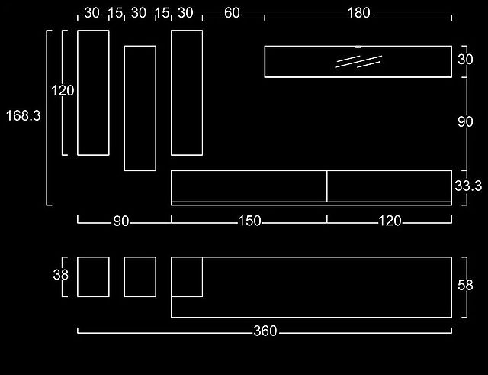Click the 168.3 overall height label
pyautogui.click(x=24, y=115)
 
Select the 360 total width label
pyautogui.click(x=265, y=331)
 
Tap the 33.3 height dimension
pyautogui.click(x=468, y=186)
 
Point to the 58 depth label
pyautogui.click(x=465, y=285)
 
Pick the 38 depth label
pyautogui.click(x=61, y=275)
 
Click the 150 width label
pyautogui.click(x=249, y=221)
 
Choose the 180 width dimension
pyautogui.click(x=359, y=13)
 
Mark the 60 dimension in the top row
pyautogui.click(x=232, y=13)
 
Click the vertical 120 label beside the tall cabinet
pyautogui.click(x=63, y=91)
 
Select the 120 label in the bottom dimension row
pyautogui.click(x=390, y=221)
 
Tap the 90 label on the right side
pyautogui.click(x=465, y=122)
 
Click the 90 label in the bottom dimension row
pyautogui.click(x=121, y=221)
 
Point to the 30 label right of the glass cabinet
pyautogui.click(x=465, y=60)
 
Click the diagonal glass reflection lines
pyautogui.click(x=358, y=62)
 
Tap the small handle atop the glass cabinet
pyautogui.click(x=358, y=47)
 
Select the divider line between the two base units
pyautogui.click(x=327, y=186)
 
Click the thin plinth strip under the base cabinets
pyautogui.click(x=311, y=204)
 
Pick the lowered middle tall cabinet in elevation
pyautogui.click(x=140, y=108)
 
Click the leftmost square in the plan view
pyautogui.click(x=93, y=276)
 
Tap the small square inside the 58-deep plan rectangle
pyautogui.click(x=187, y=276)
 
